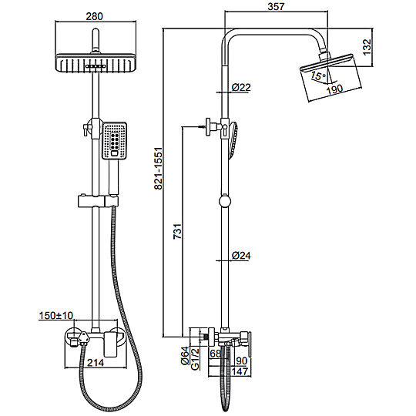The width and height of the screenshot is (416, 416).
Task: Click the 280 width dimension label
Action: pos(95,16)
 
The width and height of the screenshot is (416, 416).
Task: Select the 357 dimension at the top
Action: pos(276,7)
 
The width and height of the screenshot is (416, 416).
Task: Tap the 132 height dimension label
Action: pos(367,47)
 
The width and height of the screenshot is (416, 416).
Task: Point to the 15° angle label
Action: pos(318,75)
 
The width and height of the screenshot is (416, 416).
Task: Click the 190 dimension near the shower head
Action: pos(334,89)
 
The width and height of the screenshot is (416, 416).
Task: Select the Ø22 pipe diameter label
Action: pos(241,87)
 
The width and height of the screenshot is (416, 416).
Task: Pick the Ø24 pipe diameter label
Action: pos(241,256)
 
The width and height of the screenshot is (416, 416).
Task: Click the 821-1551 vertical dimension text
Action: pos(158,169)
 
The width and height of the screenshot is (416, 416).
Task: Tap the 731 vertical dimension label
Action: pos(177,232)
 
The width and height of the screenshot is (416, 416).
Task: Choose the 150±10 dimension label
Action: pos(56,315)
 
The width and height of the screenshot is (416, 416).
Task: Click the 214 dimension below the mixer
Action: pos(96,362)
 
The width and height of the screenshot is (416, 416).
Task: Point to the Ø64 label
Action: pos(185,356)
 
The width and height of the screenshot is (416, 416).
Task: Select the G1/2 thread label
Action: pos(195,359)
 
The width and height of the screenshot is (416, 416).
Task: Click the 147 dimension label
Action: pos(240,371)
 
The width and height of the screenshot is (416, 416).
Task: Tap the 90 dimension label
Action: pos(242,361)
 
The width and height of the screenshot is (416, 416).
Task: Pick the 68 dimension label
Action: pos(215,354)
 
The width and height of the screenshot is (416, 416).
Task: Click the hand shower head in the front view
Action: pos(114,141)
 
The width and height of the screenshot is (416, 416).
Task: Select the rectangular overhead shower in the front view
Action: pos(96,63)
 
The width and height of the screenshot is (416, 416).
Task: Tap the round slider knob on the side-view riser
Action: pos(225,201)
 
